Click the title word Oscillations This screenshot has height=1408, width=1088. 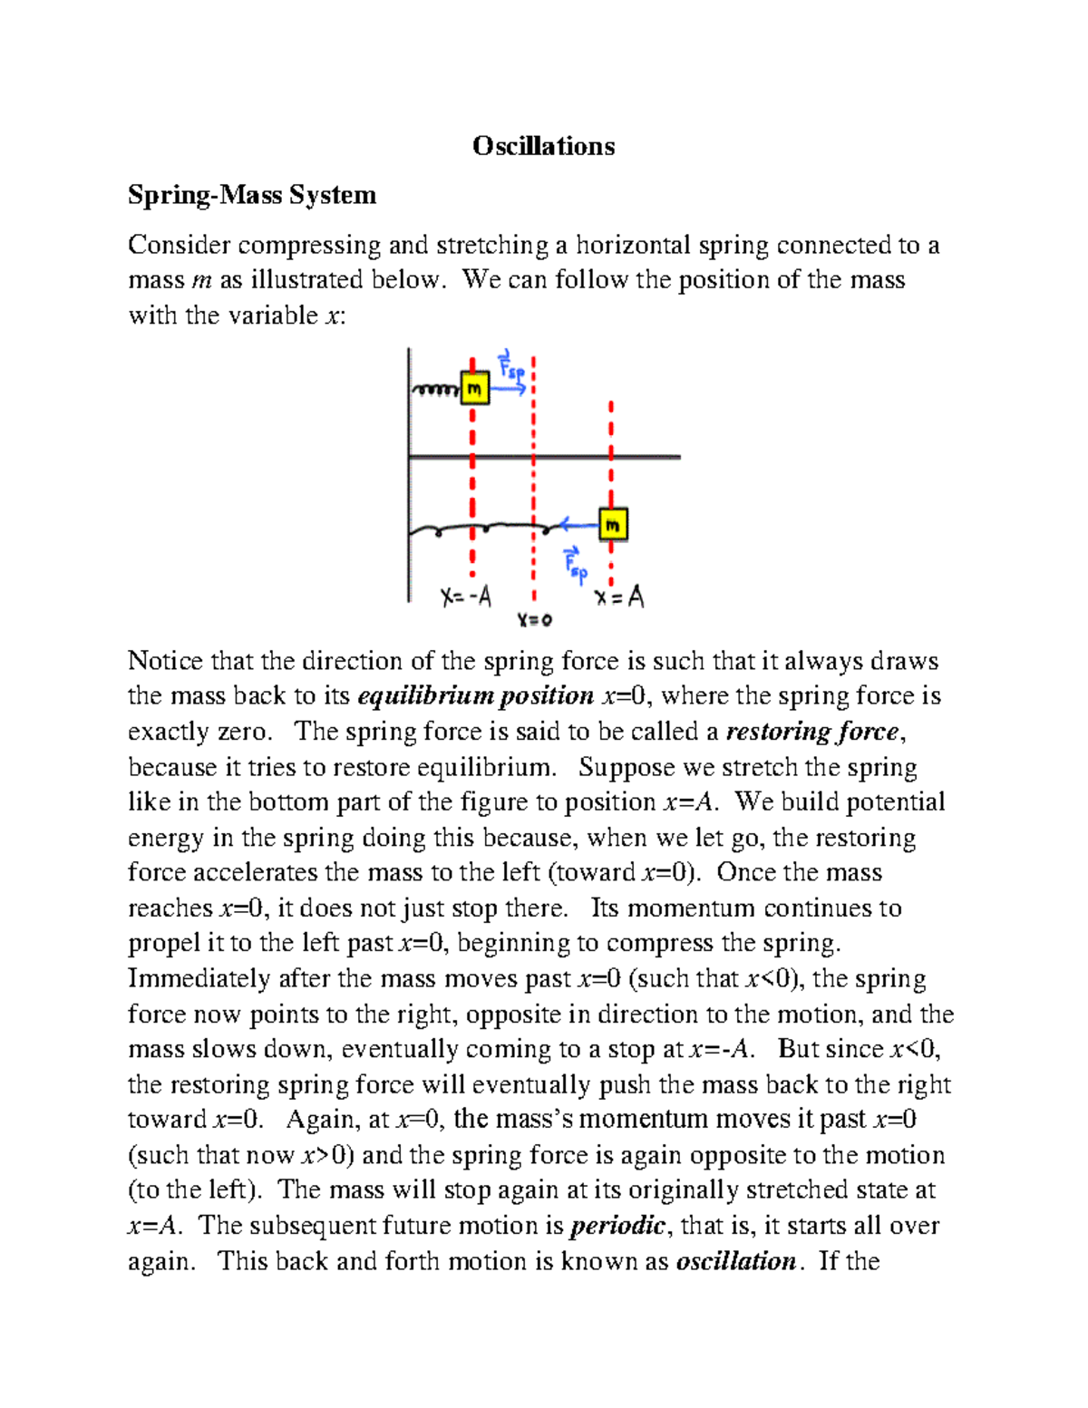click(543, 146)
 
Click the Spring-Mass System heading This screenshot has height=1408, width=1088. click(252, 195)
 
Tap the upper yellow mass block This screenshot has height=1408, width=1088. click(475, 388)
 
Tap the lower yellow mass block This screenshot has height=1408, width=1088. click(613, 524)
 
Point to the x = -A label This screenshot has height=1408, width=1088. click(467, 597)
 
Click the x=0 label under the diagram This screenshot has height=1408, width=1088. click(535, 620)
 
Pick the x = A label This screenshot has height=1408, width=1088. click(619, 597)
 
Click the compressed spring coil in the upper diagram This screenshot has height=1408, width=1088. click(437, 390)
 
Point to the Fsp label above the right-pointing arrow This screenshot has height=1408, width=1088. click(511, 364)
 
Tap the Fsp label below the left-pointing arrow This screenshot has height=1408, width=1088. click(576, 564)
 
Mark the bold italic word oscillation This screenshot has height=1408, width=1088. click(736, 1261)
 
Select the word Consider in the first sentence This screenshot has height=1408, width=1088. click(179, 245)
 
